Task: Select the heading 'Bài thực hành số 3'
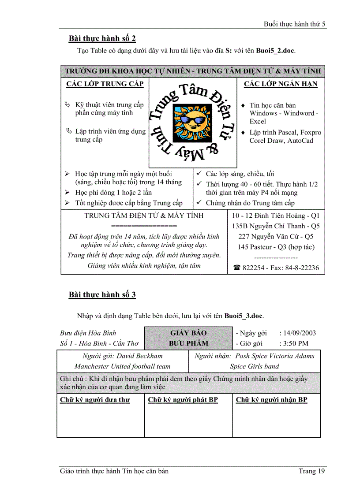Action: [x=102, y=295]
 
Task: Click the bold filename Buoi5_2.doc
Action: [x=275, y=50]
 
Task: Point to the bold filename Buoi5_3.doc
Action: [x=244, y=316]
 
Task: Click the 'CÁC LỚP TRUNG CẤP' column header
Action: [x=105, y=84]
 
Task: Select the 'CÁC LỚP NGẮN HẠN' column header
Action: [x=281, y=84]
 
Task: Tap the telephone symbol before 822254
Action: [x=237, y=268]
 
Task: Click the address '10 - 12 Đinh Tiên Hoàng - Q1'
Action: [x=276, y=216]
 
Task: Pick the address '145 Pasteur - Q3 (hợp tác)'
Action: [x=276, y=247]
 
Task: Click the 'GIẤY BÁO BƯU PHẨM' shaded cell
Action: [x=188, y=338]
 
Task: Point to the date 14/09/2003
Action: [x=298, y=333]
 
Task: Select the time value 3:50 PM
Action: [x=294, y=343]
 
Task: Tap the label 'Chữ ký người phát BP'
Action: [x=183, y=400]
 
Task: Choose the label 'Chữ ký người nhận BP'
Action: [x=271, y=400]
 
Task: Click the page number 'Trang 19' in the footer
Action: [x=311, y=471]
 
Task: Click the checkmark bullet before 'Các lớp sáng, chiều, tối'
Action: [x=199, y=174]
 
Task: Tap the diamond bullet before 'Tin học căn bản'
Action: [x=243, y=106]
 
